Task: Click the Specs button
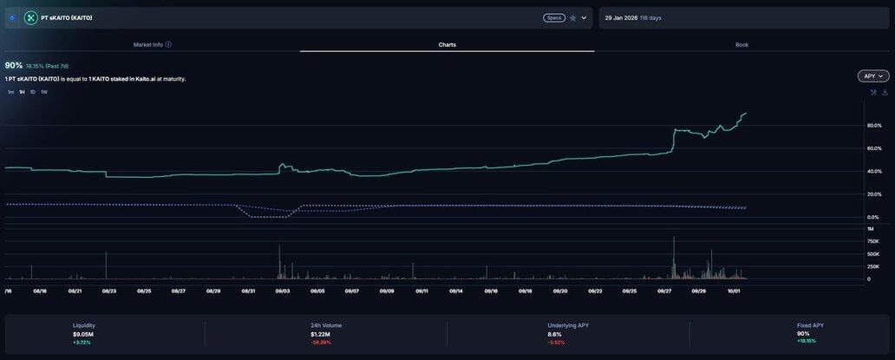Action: click(x=553, y=17)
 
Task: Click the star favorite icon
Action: click(x=572, y=17)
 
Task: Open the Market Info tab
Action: click(x=147, y=44)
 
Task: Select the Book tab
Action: click(x=741, y=44)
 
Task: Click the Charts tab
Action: click(x=447, y=44)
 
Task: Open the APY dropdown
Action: click(x=873, y=76)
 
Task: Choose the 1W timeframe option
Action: click(x=44, y=92)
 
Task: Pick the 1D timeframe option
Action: click(x=33, y=92)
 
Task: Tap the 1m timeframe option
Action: click(x=10, y=92)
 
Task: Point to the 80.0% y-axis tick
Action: click(x=874, y=126)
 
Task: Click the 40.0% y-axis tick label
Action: click(x=874, y=172)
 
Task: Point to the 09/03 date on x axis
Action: click(x=283, y=291)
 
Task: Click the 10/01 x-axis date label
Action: click(x=734, y=291)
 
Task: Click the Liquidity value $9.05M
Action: click(x=83, y=334)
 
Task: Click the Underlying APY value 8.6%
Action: click(x=555, y=334)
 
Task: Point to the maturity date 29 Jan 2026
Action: click(x=621, y=17)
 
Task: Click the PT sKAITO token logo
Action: click(x=31, y=17)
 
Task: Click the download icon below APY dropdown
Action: click(x=885, y=92)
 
